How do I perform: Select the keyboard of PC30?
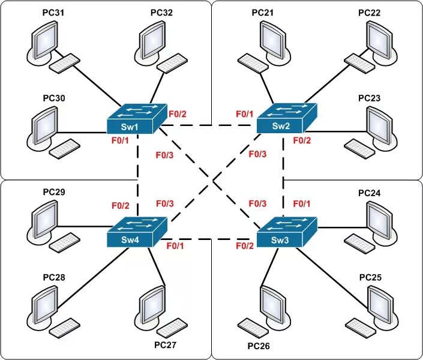[64, 148]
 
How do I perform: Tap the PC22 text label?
[370, 12]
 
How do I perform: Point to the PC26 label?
[260, 346]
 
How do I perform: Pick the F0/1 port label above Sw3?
[302, 204]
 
